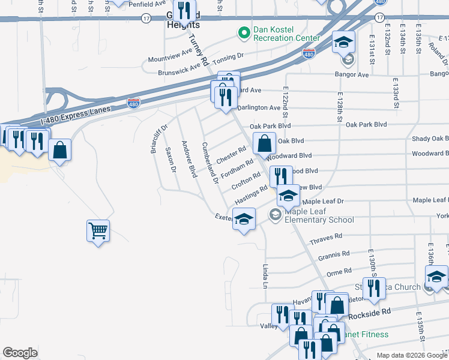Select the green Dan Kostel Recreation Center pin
click(244, 33)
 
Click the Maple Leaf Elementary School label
click(313, 215)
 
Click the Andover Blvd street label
click(189, 159)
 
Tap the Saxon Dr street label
click(170, 160)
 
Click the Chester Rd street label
click(232, 156)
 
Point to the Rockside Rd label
click(369, 312)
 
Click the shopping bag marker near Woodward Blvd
click(265, 144)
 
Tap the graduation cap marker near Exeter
click(244, 219)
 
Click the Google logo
click(20, 353)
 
